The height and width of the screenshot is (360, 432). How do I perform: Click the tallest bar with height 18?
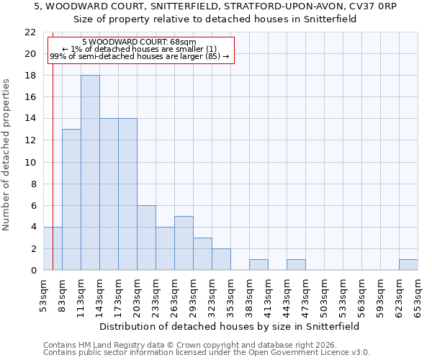click(90, 173)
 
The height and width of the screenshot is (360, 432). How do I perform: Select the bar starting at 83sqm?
click(71, 199)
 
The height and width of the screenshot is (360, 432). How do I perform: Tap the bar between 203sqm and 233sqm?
click(146, 238)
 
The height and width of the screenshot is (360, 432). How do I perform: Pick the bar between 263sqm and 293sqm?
click(184, 243)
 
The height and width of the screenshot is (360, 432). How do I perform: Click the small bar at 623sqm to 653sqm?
click(408, 265)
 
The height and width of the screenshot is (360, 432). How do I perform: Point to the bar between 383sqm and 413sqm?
click(258, 265)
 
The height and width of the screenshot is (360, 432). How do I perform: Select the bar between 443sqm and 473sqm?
click(296, 265)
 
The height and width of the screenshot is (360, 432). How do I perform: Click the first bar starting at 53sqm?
click(53, 248)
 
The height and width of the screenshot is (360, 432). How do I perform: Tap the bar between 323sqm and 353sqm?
click(221, 259)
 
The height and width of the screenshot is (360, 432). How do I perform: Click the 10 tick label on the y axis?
click(30, 162)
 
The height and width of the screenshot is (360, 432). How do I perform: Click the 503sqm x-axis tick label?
click(324, 296)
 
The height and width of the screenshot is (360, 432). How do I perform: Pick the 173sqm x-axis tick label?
click(118, 296)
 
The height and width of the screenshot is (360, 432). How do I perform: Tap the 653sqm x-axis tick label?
click(418, 296)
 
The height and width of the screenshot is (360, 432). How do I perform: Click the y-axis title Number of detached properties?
click(7, 155)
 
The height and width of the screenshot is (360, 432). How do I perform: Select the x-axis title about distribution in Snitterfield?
click(229, 326)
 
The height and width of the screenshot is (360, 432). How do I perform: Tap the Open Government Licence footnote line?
click(207, 352)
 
